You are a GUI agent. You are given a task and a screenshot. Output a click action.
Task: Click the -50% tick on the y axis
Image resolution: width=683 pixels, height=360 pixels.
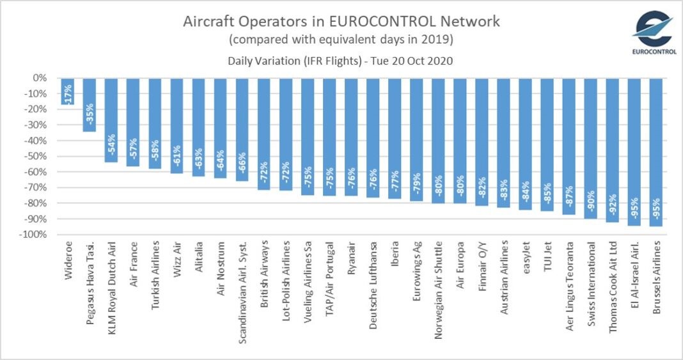35,156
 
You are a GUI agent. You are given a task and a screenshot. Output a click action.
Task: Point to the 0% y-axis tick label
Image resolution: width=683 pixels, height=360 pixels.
40,78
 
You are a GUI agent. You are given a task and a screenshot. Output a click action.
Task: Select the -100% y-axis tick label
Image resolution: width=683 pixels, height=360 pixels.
32,235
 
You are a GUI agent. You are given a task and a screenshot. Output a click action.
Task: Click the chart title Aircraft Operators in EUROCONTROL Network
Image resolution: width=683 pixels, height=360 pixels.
342,21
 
